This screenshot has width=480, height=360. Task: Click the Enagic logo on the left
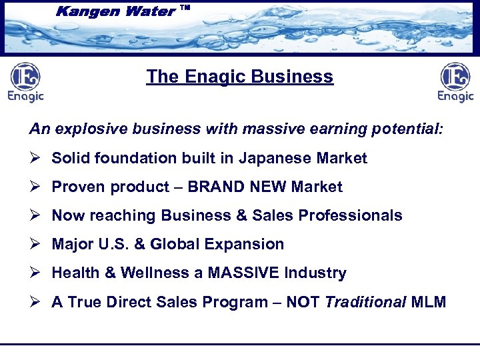pyautogui.click(x=25, y=82)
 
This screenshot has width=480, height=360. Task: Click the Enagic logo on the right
pyautogui.click(x=455, y=82)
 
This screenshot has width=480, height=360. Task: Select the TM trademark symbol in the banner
pyautogui.click(x=185, y=8)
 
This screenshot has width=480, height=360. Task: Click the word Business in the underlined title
pyautogui.click(x=297, y=77)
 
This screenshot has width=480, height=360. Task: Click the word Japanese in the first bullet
pyautogui.click(x=264, y=158)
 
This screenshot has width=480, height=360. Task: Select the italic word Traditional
pyautogui.click(x=365, y=302)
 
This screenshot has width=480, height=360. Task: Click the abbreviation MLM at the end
pyautogui.click(x=428, y=302)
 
